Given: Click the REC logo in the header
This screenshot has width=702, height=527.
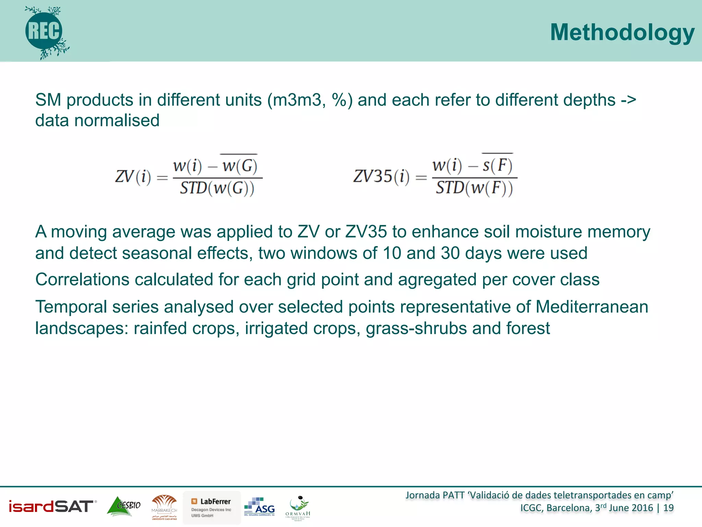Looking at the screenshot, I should pyautogui.click(x=45, y=32).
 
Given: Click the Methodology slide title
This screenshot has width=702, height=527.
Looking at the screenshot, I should pyautogui.click(x=622, y=33).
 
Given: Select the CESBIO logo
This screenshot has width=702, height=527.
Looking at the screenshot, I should pyautogui.click(x=124, y=506).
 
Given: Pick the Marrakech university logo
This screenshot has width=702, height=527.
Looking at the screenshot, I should pyautogui.click(x=164, y=507).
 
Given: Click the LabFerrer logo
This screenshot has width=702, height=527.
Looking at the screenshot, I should pyautogui.click(x=211, y=507).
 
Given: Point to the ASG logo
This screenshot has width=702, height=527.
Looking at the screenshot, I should pyautogui.click(x=259, y=506).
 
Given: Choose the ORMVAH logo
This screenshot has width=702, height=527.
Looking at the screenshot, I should pyautogui.click(x=298, y=508).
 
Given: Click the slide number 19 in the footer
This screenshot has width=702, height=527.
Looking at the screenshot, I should pyautogui.click(x=668, y=508).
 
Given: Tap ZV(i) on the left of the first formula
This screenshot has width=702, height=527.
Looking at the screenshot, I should pyautogui.click(x=133, y=177).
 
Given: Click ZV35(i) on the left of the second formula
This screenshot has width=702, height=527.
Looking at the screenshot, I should pyautogui.click(x=381, y=177).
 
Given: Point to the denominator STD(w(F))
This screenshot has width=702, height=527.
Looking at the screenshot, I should pyautogui.click(x=474, y=188).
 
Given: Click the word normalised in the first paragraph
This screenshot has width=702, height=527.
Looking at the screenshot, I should pyautogui.click(x=117, y=121).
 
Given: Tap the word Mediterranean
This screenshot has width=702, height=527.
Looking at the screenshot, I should pyautogui.click(x=592, y=307).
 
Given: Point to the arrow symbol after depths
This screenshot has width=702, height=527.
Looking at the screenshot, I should pyautogui.click(x=628, y=101).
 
